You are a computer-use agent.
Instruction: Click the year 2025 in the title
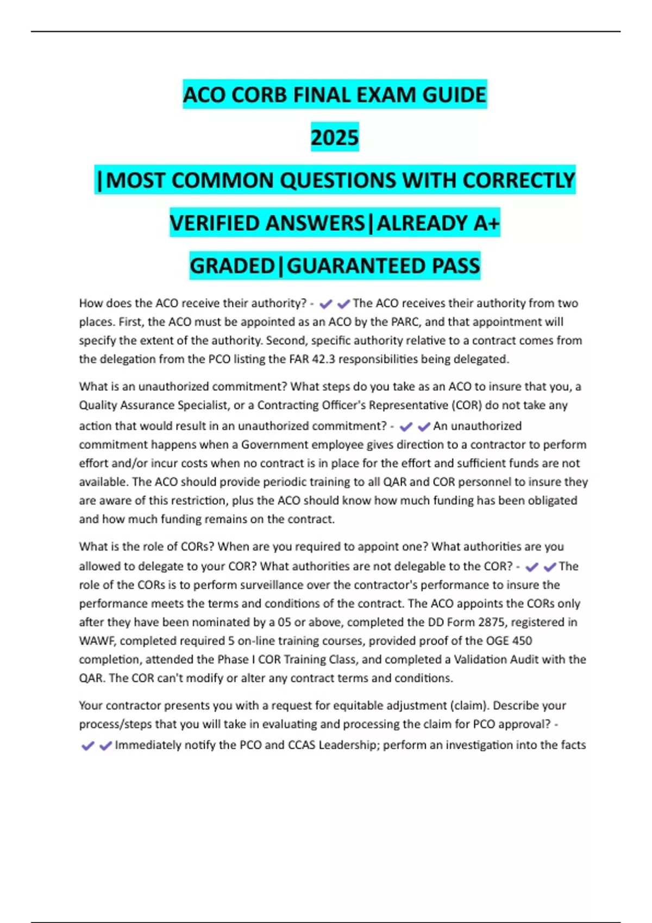point(335,137)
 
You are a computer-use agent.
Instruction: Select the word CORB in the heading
point(258,95)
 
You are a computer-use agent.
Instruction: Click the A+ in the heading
point(486,223)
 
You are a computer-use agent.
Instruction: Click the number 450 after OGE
point(522,641)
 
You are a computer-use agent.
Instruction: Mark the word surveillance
point(283,585)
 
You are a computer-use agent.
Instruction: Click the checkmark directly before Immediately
point(105,745)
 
